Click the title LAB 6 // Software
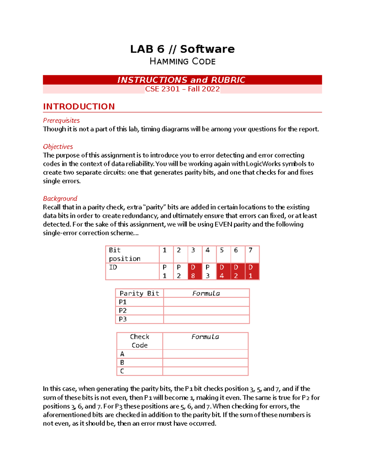click(182, 49)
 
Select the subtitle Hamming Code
click(182, 61)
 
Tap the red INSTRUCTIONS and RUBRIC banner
click(182, 80)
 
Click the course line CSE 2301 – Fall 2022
click(182, 89)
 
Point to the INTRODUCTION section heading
click(79, 106)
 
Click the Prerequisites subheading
click(61, 120)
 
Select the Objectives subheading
click(58, 146)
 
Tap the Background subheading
click(60, 198)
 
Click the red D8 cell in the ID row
click(195, 271)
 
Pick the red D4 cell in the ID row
click(224, 271)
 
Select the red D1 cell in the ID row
click(252, 271)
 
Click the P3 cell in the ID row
click(209, 271)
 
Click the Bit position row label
click(125, 254)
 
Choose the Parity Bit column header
click(139, 293)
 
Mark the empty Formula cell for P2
click(206, 311)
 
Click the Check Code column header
click(140, 341)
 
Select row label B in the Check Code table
click(122, 363)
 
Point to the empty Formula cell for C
click(205, 371)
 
